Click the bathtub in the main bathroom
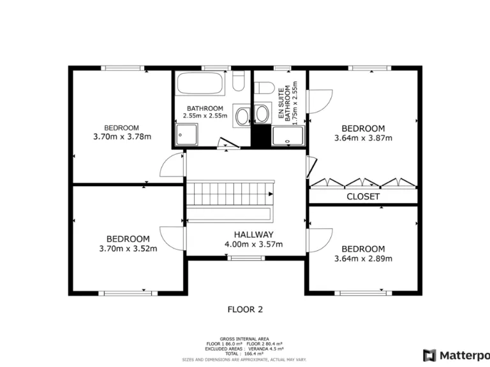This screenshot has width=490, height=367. [200, 83]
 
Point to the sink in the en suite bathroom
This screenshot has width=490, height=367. [262, 115]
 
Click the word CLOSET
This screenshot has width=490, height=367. [363, 196]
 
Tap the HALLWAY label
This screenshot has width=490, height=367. [253, 234]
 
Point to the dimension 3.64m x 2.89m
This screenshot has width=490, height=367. [363, 259]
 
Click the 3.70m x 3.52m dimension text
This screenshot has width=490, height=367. [128, 248]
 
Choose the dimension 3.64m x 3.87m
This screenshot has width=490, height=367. [363, 138]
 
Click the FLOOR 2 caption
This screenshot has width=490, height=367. [245, 310]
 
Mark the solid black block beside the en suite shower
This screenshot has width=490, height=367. [260, 136]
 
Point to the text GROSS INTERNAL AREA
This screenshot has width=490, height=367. [244, 339]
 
